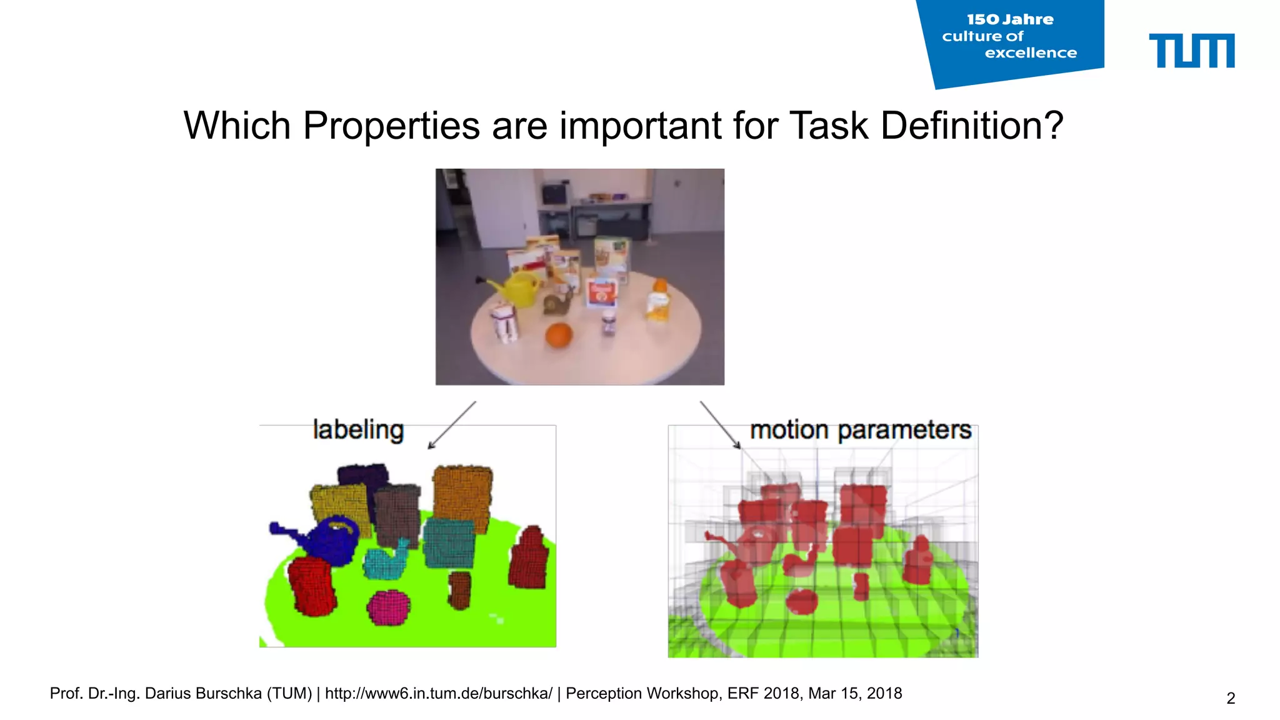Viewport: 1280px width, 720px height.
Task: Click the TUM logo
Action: (x=1191, y=51)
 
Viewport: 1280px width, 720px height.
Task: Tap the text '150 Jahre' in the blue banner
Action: (x=1010, y=20)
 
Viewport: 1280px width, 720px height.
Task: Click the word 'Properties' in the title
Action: (x=391, y=126)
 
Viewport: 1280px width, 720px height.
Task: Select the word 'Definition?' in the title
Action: (x=972, y=126)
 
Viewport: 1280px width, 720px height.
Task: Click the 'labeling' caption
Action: (x=358, y=430)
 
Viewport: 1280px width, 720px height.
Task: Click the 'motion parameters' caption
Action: (x=860, y=430)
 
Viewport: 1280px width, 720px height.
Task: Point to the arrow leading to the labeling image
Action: (x=452, y=425)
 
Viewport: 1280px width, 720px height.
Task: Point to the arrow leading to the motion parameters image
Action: (x=720, y=425)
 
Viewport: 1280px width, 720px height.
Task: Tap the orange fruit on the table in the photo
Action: (x=558, y=335)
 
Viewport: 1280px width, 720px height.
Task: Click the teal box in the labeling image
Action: (x=449, y=542)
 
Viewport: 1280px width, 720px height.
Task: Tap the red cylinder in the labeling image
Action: (x=311, y=586)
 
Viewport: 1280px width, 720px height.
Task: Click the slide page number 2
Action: (x=1230, y=698)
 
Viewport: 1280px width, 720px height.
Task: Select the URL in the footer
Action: (x=439, y=694)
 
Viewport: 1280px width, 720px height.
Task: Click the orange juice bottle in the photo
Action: (x=658, y=301)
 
